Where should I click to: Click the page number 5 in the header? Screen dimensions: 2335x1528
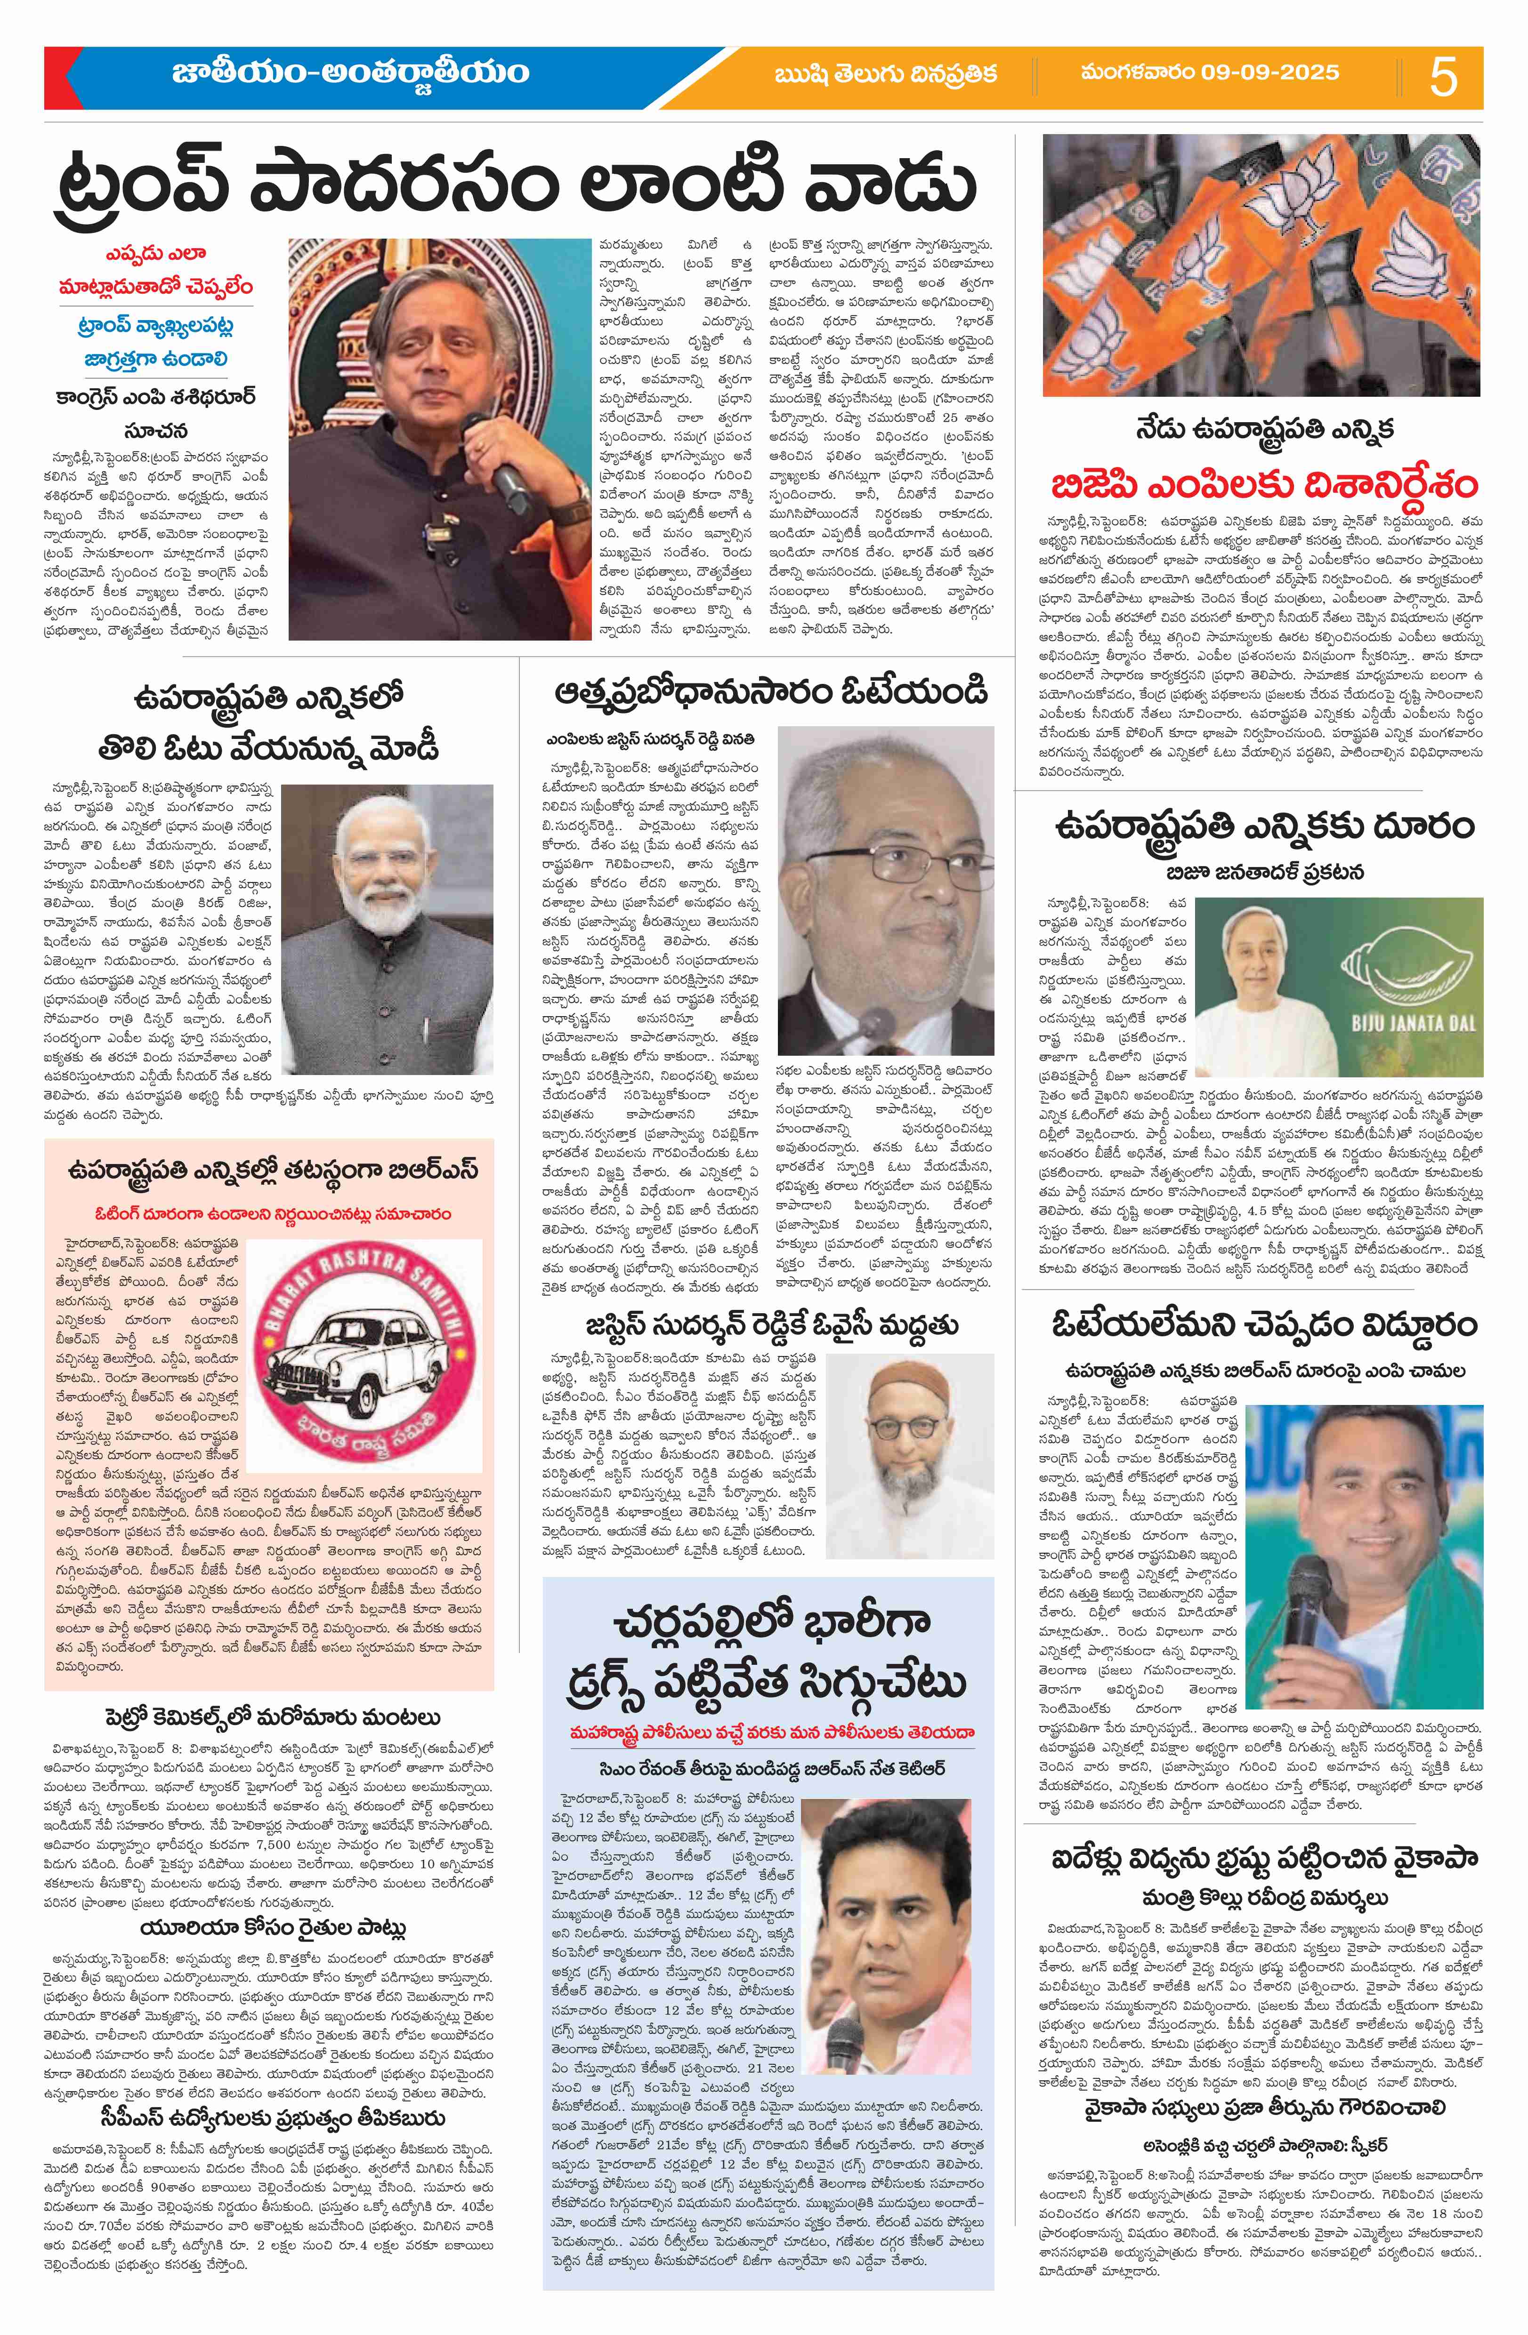pos(1444,77)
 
